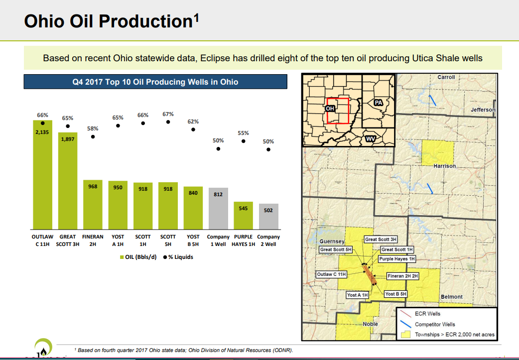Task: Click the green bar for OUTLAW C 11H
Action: (42, 174)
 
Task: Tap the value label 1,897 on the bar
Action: (68, 139)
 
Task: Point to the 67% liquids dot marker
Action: (168, 121)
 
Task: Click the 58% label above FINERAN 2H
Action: (93, 128)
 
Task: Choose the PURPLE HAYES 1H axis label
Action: (243, 240)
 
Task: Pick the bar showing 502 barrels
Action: (268, 216)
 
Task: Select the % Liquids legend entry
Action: (178, 257)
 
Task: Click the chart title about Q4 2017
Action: (155, 82)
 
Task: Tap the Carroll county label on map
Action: (446, 78)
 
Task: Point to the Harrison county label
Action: (444, 166)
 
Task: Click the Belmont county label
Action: (451, 297)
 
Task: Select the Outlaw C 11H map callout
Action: (331, 274)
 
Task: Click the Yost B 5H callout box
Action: (395, 294)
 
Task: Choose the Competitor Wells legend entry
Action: (434, 325)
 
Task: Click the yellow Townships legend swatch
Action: (406, 335)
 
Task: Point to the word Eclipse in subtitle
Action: (215, 58)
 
